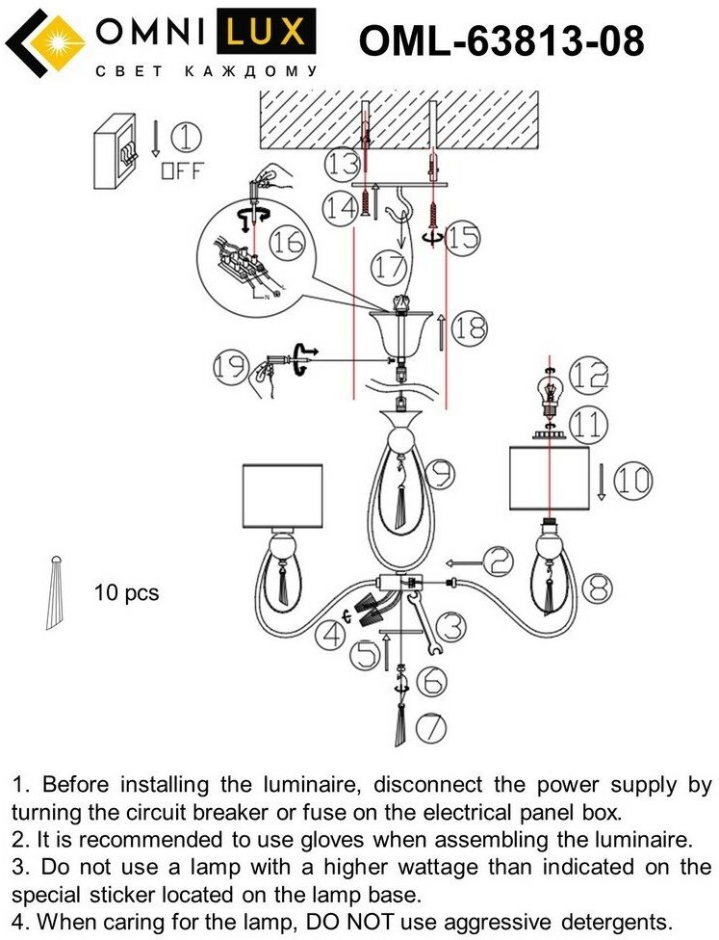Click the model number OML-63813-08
point(501,42)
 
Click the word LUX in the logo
point(270,35)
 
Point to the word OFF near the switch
point(182,172)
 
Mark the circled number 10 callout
point(632,480)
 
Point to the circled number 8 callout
point(596,584)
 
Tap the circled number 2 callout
point(498,560)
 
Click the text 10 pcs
point(126,592)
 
